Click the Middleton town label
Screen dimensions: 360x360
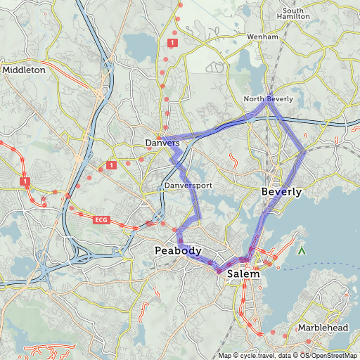click(24, 70)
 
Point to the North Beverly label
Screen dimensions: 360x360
click(268, 99)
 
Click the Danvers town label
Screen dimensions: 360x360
click(162, 143)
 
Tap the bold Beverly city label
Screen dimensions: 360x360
click(281, 192)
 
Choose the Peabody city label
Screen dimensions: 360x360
click(178, 251)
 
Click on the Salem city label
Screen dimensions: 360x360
click(243, 274)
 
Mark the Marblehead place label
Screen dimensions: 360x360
click(322, 328)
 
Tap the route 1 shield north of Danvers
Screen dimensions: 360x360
click(172, 43)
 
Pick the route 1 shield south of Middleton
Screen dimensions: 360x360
click(25, 181)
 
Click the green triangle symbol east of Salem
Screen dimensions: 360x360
click(302, 250)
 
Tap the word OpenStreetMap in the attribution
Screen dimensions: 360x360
click(334, 356)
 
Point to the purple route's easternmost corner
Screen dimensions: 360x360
click(304, 150)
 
